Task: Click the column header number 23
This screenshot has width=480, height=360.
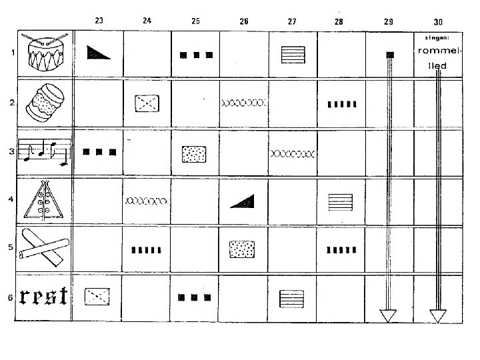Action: click(99, 21)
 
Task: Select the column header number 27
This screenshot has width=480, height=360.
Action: click(292, 21)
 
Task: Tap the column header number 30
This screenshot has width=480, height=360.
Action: click(437, 21)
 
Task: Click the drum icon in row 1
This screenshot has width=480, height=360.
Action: click(44, 53)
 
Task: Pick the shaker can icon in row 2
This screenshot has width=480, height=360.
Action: click(44, 103)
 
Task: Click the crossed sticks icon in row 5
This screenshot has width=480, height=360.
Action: click(44, 247)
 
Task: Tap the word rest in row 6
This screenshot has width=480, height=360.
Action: click(44, 296)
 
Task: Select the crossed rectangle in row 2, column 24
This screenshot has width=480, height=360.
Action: click(147, 103)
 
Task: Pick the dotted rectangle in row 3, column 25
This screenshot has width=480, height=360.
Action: click(195, 153)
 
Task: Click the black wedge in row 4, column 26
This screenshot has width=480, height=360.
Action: click(243, 199)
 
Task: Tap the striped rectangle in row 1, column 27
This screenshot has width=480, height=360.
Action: click(292, 53)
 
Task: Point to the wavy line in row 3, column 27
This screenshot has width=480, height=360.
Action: click(291, 153)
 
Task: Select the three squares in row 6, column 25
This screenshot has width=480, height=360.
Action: click(195, 297)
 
